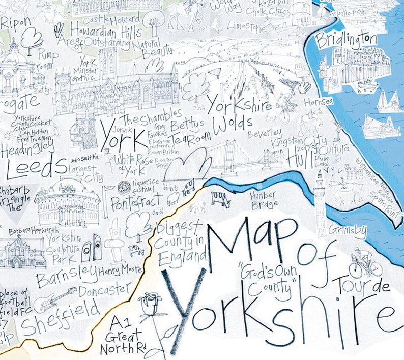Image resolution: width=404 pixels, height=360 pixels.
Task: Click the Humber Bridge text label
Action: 263,199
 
